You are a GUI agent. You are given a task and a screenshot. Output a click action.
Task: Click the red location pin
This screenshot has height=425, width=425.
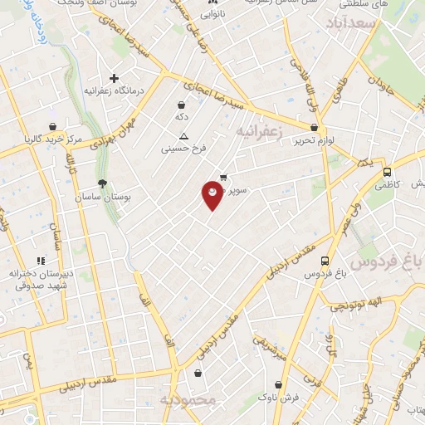(x=212, y=193)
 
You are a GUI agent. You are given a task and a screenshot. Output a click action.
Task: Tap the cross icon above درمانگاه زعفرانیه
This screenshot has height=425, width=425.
(x=114, y=78)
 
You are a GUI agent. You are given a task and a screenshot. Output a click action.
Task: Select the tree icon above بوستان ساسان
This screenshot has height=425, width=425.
(x=102, y=183)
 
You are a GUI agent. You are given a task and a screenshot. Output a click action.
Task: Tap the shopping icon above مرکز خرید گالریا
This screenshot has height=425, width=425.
(x=52, y=127)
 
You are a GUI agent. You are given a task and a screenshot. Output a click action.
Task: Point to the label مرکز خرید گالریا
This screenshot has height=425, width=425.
(x=53, y=139)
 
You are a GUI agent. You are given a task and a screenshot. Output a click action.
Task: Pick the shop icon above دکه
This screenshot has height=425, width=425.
(x=181, y=105)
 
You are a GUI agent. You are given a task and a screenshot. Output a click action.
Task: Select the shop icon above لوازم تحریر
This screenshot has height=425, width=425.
(x=314, y=128)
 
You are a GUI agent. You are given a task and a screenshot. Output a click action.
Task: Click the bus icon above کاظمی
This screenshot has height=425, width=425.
(x=387, y=171)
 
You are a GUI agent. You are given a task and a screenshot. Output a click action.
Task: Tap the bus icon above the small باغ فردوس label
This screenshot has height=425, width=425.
(x=325, y=260)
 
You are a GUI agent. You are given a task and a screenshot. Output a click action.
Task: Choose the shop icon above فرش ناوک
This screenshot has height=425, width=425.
(x=278, y=385)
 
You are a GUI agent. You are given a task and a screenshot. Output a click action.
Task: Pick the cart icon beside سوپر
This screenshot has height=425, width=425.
(x=223, y=177)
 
